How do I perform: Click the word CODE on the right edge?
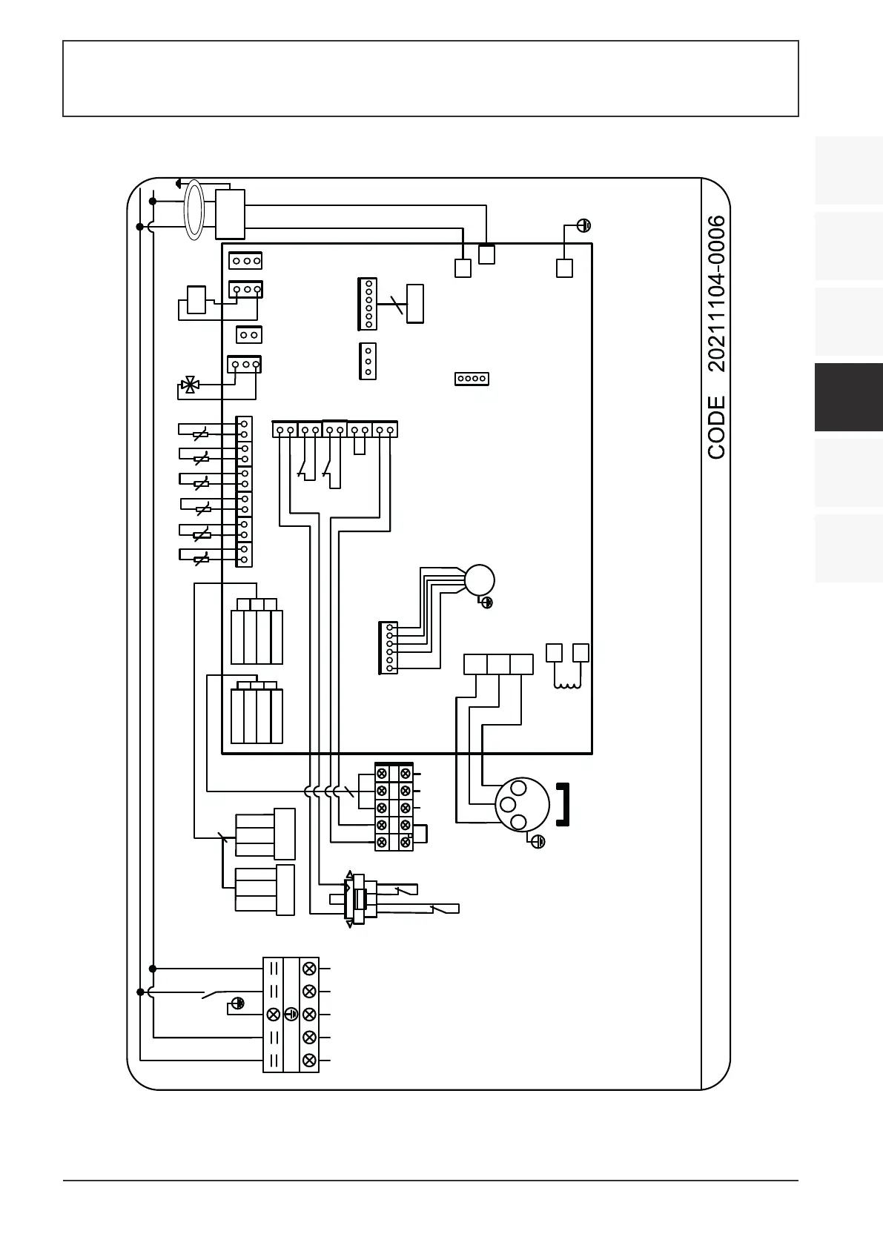click(x=716, y=427)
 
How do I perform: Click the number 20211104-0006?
click(x=716, y=293)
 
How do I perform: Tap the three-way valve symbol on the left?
click(x=190, y=385)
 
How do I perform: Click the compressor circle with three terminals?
click(x=522, y=804)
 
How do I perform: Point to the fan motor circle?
click(x=479, y=580)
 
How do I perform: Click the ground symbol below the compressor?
click(x=539, y=841)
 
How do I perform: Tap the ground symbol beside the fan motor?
click(x=487, y=603)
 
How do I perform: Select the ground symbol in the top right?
click(x=583, y=225)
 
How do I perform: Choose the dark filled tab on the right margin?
click(x=848, y=397)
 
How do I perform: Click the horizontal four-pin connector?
click(x=472, y=379)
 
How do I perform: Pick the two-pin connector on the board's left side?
click(x=249, y=335)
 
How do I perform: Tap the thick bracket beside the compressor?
click(x=563, y=804)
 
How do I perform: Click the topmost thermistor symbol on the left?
click(x=201, y=434)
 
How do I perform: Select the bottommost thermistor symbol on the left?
click(x=201, y=559)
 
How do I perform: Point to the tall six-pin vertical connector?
click(x=368, y=303)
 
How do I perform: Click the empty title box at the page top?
click(x=430, y=79)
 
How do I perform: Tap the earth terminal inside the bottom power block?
click(x=291, y=1014)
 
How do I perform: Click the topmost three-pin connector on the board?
click(x=245, y=261)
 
